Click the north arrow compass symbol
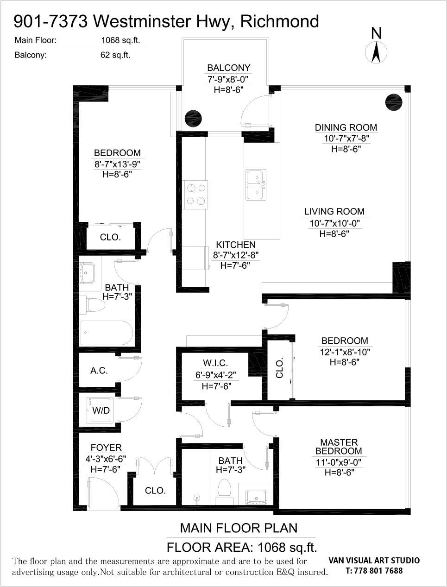pos(376,52)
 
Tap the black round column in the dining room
pos(394,102)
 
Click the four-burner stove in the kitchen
pos(195,195)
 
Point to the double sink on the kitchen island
pos(256,184)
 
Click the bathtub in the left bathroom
pos(107,333)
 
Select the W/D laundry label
pos(101,410)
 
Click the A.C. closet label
pos(99,371)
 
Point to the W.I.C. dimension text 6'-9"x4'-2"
pos(216,375)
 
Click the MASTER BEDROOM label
pos(339,447)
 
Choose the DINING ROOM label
pos(346,127)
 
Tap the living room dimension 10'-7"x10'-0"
pos(334,223)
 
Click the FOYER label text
pos(106,448)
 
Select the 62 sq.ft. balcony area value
pos(115,55)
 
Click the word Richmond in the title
pos(280,21)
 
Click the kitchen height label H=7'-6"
pos(235,265)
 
